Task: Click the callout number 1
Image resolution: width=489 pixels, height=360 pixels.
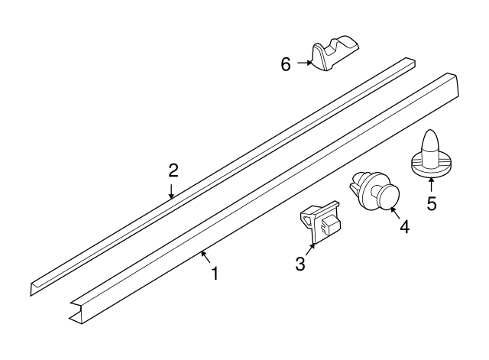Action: [x=215, y=273]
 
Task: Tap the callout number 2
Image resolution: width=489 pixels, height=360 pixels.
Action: [x=173, y=170]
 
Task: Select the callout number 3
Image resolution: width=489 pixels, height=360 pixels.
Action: [x=300, y=264]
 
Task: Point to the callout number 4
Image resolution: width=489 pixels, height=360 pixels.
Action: [x=403, y=227]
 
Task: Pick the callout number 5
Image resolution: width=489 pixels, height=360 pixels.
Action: [x=432, y=203]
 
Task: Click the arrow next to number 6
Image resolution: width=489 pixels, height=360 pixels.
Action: [x=303, y=63]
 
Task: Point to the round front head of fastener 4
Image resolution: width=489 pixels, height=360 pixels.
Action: [x=389, y=197]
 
